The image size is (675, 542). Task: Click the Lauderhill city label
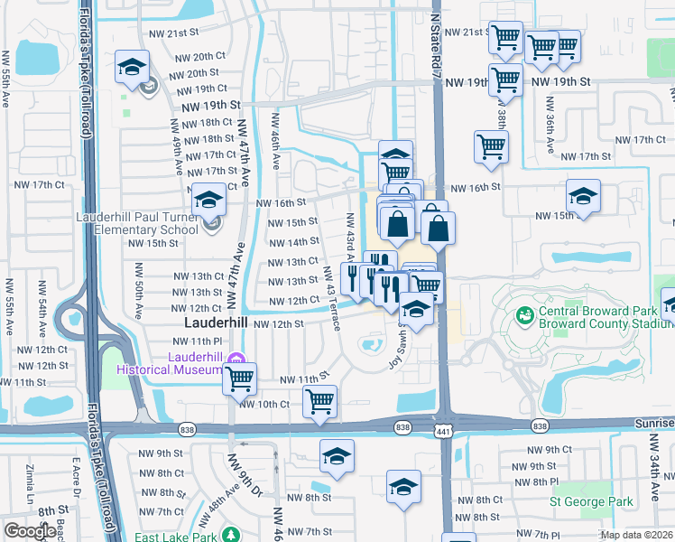(x=217, y=322)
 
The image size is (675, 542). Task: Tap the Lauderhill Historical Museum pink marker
(x=236, y=359)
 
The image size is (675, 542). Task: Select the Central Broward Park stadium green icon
(x=524, y=316)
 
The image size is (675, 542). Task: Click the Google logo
(x=30, y=531)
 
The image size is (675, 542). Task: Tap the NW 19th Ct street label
(x=201, y=89)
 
